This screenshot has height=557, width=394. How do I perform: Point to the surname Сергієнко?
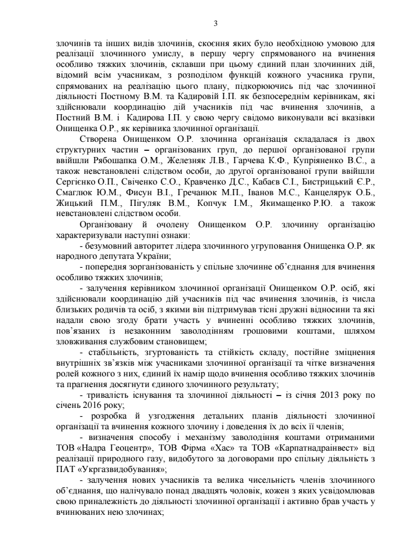[x=78, y=183]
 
